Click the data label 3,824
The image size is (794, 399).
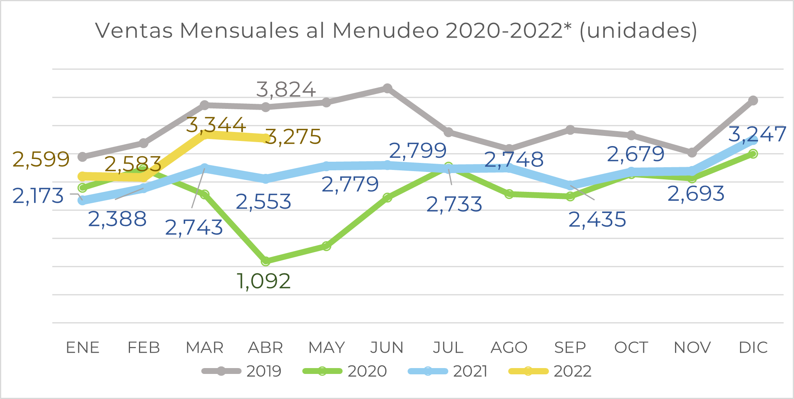pyautogui.click(x=286, y=90)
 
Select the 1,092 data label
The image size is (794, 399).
pyautogui.click(x=263, y=281)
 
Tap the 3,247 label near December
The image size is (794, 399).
pyautogui.click(x=757, y=134)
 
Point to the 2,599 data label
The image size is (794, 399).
pyautogui.click(x=41, y=159)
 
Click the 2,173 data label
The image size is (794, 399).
pyautogui.click(x=38, y=196)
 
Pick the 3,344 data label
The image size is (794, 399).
pyautogui.click(x=216, y=125)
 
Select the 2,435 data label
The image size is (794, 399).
pyautogui.click(x=597, y=219)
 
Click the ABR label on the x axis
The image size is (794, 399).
pyautogui.click(x=265, y=348)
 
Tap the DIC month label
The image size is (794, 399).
pyautogui.click(x=753, y=348)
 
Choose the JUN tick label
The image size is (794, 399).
pyautogui.click(x=387, y=348)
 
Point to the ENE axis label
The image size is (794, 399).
pyautogui.click(x=83, y=348)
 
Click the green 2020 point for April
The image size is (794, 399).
pyautogui.click(x=265, y=261)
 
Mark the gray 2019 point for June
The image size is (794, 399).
pyautogui.click(x=387, y=88)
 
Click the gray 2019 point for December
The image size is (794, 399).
pyautogui.click(x=753, y=101)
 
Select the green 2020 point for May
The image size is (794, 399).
pyautogui.click(x=327, y=246)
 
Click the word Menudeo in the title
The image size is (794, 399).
pyautogui.click(x=385, y=31)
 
